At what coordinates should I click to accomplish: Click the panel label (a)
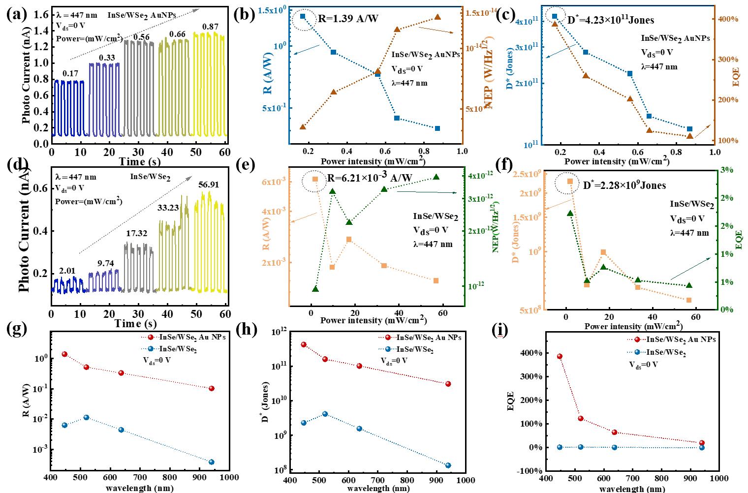[17, 14]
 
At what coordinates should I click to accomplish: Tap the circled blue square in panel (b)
[303, 17]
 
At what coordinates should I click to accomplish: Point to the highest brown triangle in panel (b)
[437, 17]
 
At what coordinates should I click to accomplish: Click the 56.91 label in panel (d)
[209, 185]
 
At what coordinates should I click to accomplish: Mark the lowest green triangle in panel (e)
[315, 289]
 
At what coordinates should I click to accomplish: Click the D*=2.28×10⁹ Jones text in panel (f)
[624, 185]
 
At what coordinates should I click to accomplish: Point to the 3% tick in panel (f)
[727, 170]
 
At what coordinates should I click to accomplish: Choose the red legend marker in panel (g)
[151, 338]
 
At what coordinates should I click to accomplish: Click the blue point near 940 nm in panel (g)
[212, 462]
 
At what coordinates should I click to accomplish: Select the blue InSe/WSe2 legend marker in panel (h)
[388, 349]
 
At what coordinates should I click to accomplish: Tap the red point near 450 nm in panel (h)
[304, 344]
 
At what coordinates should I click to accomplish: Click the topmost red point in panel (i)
[560, 356]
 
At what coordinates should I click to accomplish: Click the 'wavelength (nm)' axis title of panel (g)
[139, 489]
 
